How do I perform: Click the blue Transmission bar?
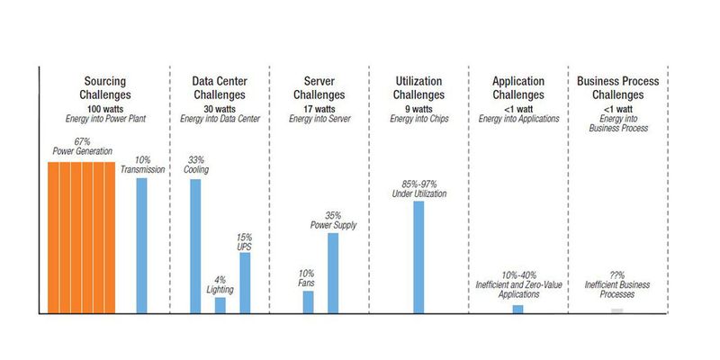pos(141,245)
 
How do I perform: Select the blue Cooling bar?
pos(195,245)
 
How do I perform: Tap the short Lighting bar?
pos(220,304)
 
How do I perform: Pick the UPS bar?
pos(244,282)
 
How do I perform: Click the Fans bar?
pos(309,301)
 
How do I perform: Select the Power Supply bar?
pos(333,272)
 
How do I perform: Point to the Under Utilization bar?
pos(418,256)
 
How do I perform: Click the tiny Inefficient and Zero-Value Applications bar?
pos(517,309)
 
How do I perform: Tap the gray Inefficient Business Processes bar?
pos(616,310)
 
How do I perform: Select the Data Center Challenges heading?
pos(220,87)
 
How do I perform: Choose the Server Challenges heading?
pos(320,87)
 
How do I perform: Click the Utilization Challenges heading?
pos(418,87)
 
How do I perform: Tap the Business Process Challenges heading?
pos(616,87)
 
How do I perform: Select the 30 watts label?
pos(220,107)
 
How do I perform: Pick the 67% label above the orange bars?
pos(81,142)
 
